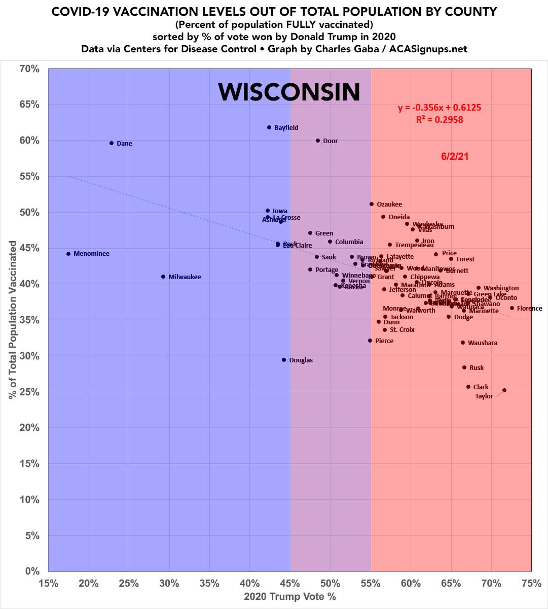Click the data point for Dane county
click(x=112, y=143)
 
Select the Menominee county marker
click(x=68, y=254)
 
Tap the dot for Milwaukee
click(x=163, y=277)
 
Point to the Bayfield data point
click(x=269, y=127)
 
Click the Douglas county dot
click(x=284, y=360)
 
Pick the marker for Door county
click(x=318, y=141)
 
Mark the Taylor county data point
click(x=504, y=390)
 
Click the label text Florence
click(x=529, y=308)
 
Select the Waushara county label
click(x=482, y=343)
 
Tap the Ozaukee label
click(x=389, y=205)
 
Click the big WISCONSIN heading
click(x=289, y=92)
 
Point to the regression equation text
click(x=439, y=108)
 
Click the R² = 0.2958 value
click(x=439, y=120)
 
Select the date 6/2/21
click(x=455, y=157)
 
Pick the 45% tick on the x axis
click(x=290, y=584)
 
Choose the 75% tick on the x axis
click(x=531, y=584)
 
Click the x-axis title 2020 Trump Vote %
click(x=289, y=596)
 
